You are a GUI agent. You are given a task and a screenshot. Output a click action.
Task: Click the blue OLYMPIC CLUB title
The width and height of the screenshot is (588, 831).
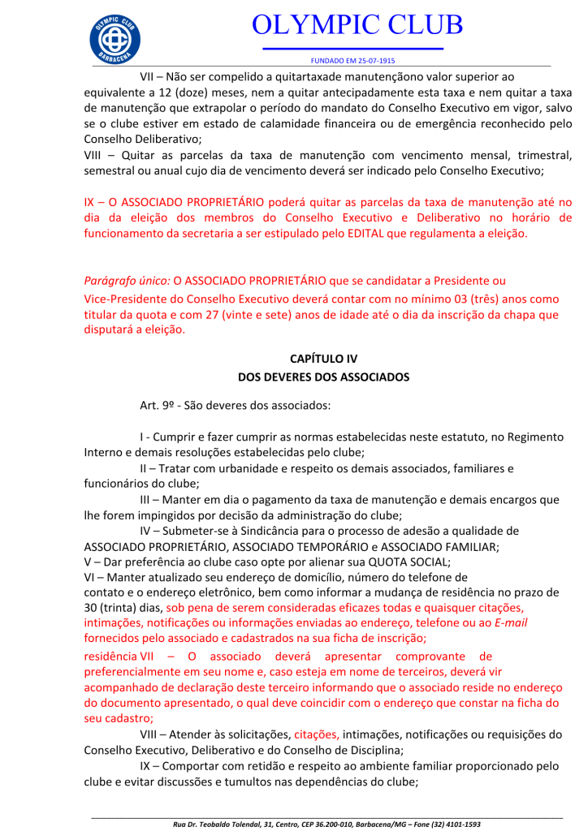tap(357, 25)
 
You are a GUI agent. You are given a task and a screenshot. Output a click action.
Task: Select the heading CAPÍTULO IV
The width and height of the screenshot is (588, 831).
tap(323, 358)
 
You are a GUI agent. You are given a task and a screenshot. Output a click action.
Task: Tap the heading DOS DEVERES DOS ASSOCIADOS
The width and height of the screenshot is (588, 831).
tap(323, 377)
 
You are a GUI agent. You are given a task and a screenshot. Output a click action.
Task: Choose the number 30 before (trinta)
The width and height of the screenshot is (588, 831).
tap(92, 608)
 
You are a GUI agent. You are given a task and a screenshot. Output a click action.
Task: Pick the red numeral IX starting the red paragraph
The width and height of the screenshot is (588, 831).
tap(90, 202)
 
